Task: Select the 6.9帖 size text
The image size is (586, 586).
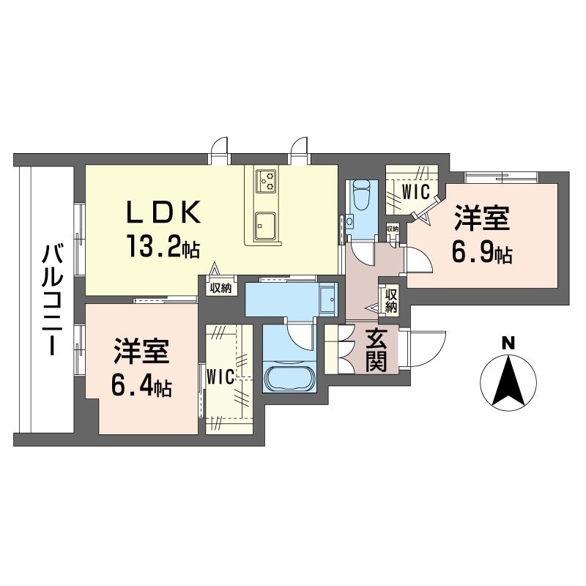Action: pos(481,253)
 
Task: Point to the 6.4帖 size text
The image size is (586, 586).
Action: pos(141,386)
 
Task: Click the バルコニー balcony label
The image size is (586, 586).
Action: pos(51,301)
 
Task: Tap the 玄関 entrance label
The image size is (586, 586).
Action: pos(376,349)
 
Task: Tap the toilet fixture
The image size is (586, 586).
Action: pos(360,196)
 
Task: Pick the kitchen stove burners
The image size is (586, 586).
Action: pos(267,179)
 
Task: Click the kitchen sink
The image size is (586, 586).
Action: pos(265,224)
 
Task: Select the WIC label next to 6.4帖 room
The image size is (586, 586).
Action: pos(220,377)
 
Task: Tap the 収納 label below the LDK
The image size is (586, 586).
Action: pos(220,288)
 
